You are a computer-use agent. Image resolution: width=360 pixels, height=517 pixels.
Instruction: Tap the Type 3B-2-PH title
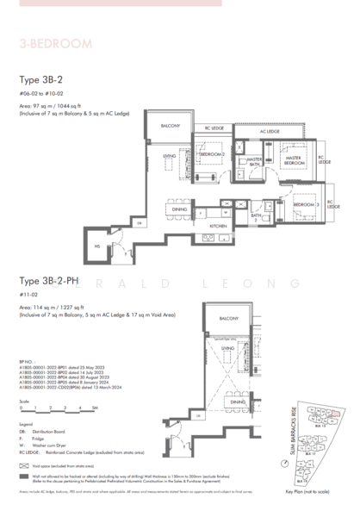pyautogui.click(x=52, y=282)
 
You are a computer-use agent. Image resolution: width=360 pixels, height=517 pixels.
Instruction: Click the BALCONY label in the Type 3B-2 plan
pyautogui.click(x=171, y=126)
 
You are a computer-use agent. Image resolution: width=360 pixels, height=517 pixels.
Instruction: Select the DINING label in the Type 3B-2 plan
pyautogui.click(x=179, y=209)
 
